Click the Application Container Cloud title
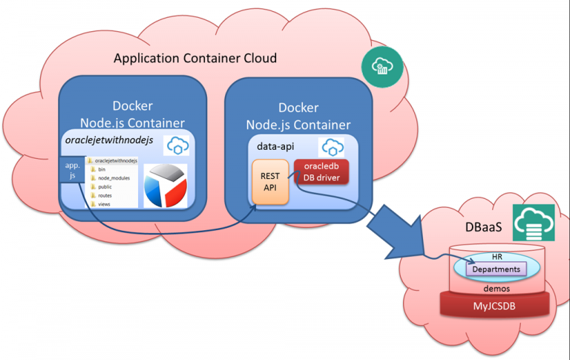(x=194, y=59)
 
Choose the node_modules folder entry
(x=112, y=179)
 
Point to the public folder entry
(x=105, y=188)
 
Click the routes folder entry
(x=105, y=196)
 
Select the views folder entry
(x=104, y=204)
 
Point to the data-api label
(x=273, y=146)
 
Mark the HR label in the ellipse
(x=497, y=257)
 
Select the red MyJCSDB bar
(x=497, y=304)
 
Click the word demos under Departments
(x=497, y=287)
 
